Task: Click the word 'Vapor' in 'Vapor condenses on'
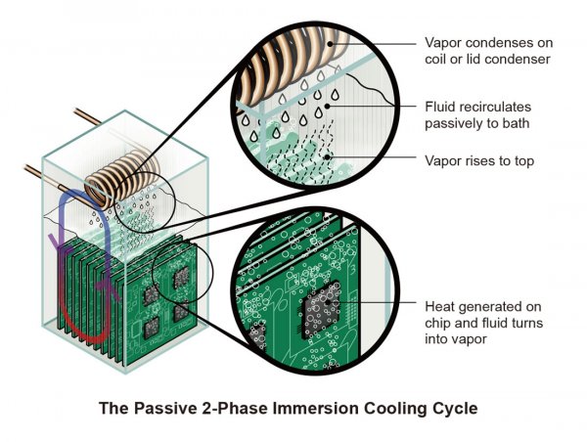coord(443,43)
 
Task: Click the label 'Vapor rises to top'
coord(479,161)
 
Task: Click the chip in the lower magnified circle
coord(321,309)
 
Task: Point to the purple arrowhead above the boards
coord(56,243)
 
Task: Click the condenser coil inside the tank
coord(121,179)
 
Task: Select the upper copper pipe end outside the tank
coord(86,116)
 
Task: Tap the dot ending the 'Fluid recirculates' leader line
coord(327,107)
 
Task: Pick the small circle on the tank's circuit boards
coord(182,272)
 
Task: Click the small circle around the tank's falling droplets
coord(144,202)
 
